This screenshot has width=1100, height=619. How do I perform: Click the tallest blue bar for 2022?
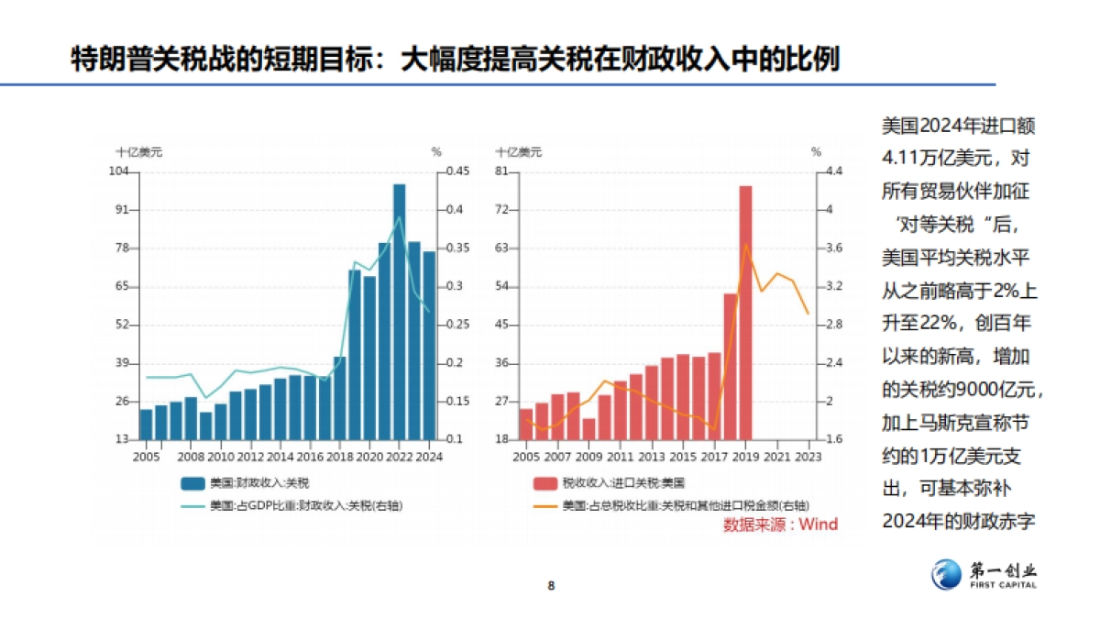(399, 312)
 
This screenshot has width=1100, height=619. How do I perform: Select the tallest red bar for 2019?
(745, 312)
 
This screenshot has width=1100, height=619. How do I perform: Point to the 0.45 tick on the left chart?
(457, 171)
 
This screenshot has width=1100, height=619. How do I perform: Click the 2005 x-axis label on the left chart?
(146, 456)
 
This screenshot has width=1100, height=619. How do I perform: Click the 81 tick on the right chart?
(501, 171)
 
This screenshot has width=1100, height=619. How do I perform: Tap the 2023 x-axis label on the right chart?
(807, 456)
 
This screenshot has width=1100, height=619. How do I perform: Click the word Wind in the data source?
(819, 525)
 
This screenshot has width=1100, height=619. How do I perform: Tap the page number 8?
(551, 586)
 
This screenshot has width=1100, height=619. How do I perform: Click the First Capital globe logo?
(946, 574)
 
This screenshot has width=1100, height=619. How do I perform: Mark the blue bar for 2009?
(205, 426)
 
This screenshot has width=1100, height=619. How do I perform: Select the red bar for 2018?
(731, 366)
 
